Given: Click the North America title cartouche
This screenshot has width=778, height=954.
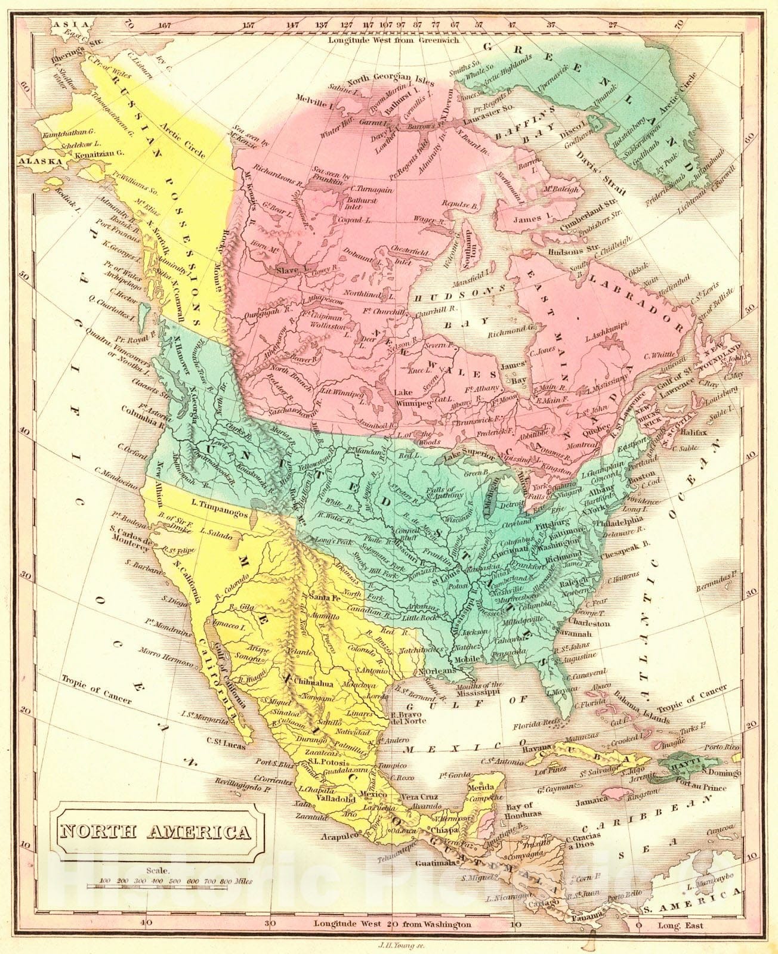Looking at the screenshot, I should [x=154, y=831].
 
